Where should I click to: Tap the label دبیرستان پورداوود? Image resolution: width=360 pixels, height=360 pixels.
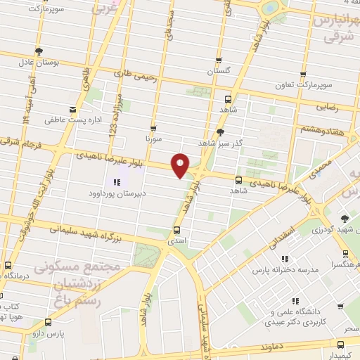pyautogui.click(x=117, y=193)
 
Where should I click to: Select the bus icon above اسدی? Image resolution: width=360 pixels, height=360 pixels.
pyautogui.click(x=176, y=230)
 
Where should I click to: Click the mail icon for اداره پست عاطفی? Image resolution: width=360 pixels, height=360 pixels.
pyautogui.click(x=72, y=109)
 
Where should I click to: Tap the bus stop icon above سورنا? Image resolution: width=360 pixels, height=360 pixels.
pyautogui.click(x=153, y=129)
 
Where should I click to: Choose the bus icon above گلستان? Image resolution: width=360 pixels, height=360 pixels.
pyautogui.click(x=218, y=60)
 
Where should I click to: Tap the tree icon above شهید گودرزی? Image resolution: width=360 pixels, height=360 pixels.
pyautogui.click(x=344, y=219)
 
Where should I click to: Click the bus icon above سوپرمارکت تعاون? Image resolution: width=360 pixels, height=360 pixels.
pyautogui.click(x=303, y=74)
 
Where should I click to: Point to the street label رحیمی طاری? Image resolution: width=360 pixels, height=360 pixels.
pyautogui.click(x=134, y=73)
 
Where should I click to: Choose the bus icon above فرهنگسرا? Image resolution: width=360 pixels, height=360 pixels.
pyautogui.click(x=345, y=255)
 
